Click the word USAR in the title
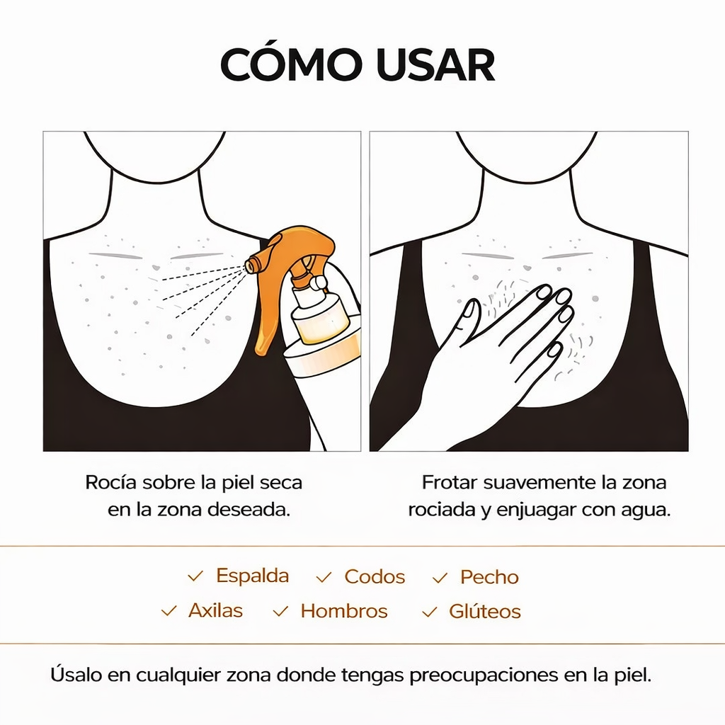click(435, 64)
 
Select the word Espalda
click(253, 576)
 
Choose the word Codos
click(375, 577)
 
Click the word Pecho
click(489, 577)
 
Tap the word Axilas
click(215, 610)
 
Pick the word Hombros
click(344, 611)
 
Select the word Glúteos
click(484, 611)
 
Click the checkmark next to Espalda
click(195, 576)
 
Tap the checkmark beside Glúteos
click(430, 612)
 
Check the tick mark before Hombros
click(280, 611)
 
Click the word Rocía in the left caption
click(111, 483)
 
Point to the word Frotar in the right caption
click(449, 483)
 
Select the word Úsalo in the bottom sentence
click(76, 675)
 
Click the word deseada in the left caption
click(249, 510)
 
